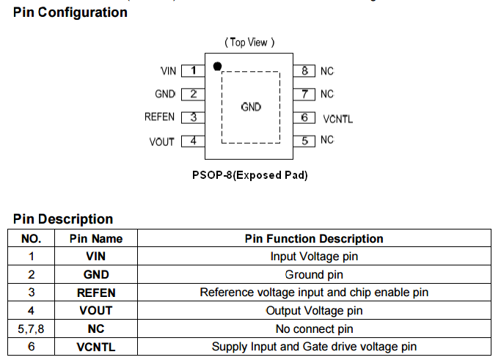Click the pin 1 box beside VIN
tap(193, 71)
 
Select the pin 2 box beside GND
tap(193, 94)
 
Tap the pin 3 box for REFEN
tap(193, 117)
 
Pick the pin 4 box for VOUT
tap(193, 141)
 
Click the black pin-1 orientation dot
tap(217, 67)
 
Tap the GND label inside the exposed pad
tap(251, 107)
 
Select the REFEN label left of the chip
tap(160, 117)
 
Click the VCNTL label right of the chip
tap(338, 118)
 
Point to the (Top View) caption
tap(250, 43)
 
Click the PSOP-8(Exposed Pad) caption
tap(249, 175)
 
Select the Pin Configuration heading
tap(70, 12)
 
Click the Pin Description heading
tap(63, 218)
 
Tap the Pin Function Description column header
tap(314, 238)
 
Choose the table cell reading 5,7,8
tap(32, 328)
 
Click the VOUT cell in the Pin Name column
tap(96, 310)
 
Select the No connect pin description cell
tap(314, 328)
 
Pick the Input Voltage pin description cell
tap(314, 256)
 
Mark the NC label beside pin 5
tap(327, 140)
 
